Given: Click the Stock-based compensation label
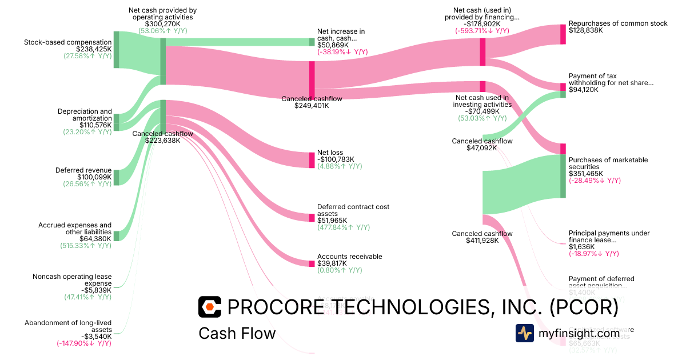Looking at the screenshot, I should pos(68,42).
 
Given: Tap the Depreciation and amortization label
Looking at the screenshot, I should pos(85,114).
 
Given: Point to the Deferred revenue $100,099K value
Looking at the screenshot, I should pos(87,177).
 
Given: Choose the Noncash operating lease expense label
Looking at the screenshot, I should pos(72,280).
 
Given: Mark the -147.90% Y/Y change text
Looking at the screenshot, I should pos(84,343).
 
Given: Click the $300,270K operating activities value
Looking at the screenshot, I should pos(162,23).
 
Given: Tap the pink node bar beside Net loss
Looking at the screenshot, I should pos(312,159).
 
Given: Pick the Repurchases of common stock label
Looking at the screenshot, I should pos(618,23).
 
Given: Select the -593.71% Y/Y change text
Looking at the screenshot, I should pos(482,31).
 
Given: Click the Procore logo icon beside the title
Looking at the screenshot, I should pos(209,307).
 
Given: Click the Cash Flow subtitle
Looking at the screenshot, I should pos(237,333).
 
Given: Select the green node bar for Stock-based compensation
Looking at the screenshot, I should pos(116,50).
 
